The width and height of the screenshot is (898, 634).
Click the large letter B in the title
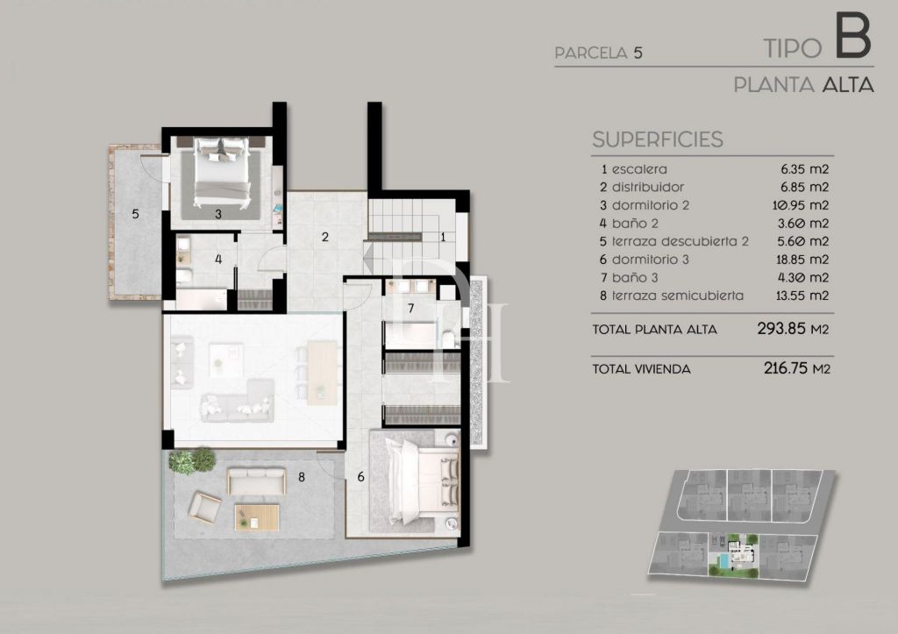(853, 36)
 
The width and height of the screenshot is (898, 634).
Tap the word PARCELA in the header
(591, 53)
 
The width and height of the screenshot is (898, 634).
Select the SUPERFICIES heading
(658, 139)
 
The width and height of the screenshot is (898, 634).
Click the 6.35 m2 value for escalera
(805, 169)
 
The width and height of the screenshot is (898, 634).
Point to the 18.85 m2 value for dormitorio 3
(802, 260)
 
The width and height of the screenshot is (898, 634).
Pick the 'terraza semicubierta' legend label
(678, 296)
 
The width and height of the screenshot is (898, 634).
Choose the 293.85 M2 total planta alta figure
(793, 329)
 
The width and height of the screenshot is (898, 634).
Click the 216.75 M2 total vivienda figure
(796, 367)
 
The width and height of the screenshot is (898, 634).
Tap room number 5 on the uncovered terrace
(135, 214)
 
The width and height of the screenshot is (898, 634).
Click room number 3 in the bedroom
(218, 214)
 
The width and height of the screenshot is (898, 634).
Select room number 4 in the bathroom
(218, 260)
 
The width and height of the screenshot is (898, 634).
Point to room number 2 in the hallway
(324, 237)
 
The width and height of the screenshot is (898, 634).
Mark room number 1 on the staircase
(443, 237)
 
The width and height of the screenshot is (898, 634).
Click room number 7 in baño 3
(410, 309)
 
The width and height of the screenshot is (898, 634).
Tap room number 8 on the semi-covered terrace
(302, 476)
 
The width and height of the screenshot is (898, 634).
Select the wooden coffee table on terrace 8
(257, 517)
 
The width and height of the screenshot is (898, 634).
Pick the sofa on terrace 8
(256, 481)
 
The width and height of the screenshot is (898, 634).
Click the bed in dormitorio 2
(222, 172)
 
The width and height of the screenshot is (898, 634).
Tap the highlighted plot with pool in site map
(734, 554)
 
